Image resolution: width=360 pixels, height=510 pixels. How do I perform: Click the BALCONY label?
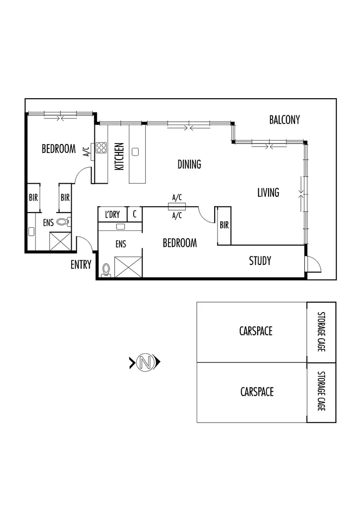click(284, 120)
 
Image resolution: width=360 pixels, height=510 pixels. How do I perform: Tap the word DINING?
click(189, 164)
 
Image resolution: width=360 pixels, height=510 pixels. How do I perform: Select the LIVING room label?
click(268, 193)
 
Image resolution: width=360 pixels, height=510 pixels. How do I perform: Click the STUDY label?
click(260, 261)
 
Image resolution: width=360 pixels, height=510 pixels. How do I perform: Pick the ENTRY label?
click(81, 264)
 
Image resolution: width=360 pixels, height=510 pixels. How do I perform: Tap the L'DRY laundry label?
click(112, 215)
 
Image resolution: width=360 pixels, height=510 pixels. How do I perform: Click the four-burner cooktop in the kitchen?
click(101, 148)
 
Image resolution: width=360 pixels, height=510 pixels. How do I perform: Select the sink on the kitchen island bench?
click(135, 152)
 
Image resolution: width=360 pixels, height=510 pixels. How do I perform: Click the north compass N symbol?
click(145, 363)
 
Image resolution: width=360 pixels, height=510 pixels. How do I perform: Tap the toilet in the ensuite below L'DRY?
click(106, 269)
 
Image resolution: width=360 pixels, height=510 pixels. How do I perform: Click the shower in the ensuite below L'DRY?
click(128, 267)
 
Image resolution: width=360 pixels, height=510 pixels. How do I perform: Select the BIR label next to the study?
click(224, 226)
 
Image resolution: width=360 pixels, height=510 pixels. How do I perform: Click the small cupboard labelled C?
click(134, 214)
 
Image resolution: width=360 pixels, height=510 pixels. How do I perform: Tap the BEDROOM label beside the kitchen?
click(59, 149)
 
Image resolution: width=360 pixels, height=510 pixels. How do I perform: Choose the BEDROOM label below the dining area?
click(179, 243)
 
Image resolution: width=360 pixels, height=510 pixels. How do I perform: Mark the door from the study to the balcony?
click(313, 263)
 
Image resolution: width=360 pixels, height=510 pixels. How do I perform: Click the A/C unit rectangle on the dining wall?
click(177, 206)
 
